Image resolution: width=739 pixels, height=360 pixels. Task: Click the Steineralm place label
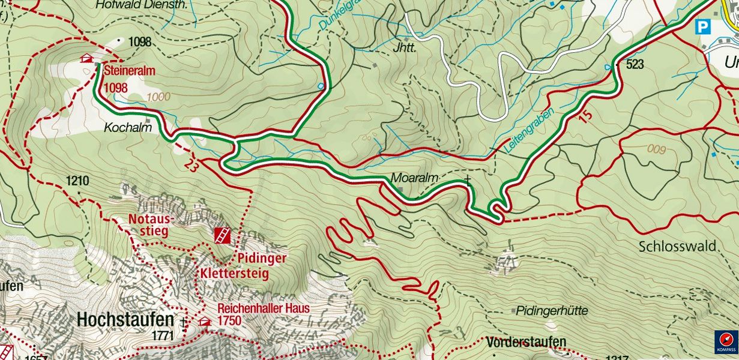tap(129, 71)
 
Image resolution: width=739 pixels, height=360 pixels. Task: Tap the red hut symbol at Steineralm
tap(87, 58)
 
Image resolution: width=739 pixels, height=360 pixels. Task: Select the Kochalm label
tap(123, 128)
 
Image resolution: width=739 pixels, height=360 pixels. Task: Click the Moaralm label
tap(414, 178)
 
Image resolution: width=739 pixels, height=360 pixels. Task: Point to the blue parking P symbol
tap(702, 27)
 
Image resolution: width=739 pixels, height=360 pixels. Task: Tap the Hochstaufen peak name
tap(125, 320)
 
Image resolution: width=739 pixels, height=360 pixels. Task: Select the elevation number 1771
tap(163, 335)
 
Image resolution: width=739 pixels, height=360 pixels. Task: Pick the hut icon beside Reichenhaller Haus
tap(205, 322)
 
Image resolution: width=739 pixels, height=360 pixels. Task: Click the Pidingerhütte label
tap(552, 311)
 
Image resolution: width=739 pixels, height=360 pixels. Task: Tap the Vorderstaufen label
tap(526, 342)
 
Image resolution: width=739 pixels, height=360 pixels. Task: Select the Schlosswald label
tap(677, 246)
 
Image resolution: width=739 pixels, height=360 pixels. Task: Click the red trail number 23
tap(192, 164)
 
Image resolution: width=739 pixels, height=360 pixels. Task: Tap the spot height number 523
tap(635, 64)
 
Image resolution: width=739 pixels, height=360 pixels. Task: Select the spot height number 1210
tap(77, 181)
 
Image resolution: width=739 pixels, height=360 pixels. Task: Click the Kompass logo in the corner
tap(726, 342)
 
